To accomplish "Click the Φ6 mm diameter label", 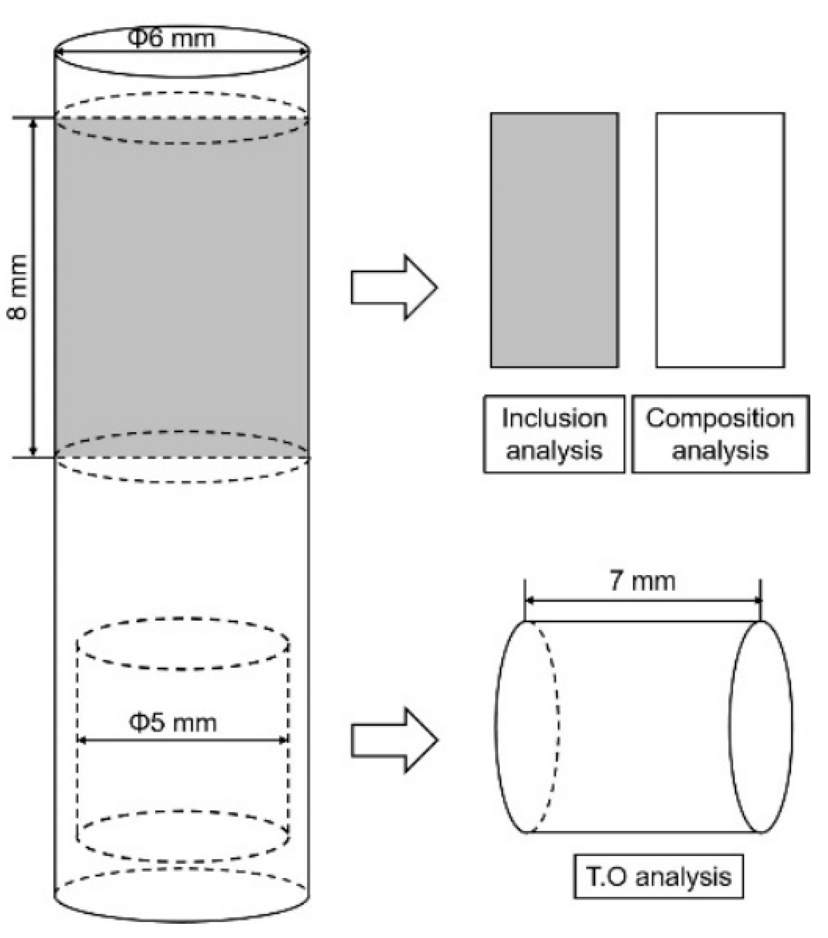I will click(171, 38).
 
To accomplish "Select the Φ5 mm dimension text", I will click(172, 722).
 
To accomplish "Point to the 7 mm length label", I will click(642, 581).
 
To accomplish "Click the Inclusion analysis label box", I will click(554, 434).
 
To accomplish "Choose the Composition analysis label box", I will click(720, 434).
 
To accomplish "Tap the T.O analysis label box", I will click(658, 877).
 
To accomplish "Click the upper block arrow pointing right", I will click(393, 287).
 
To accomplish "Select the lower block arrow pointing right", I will click(393, 740).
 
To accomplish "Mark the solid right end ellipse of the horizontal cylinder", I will click(761, 727).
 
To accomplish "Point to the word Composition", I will click(720, 418).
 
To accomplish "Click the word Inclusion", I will click(554, 418).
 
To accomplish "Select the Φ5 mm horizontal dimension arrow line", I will click(182, 740).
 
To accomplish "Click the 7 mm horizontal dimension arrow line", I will click(642, 600).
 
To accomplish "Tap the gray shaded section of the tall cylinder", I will click(182, 287).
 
